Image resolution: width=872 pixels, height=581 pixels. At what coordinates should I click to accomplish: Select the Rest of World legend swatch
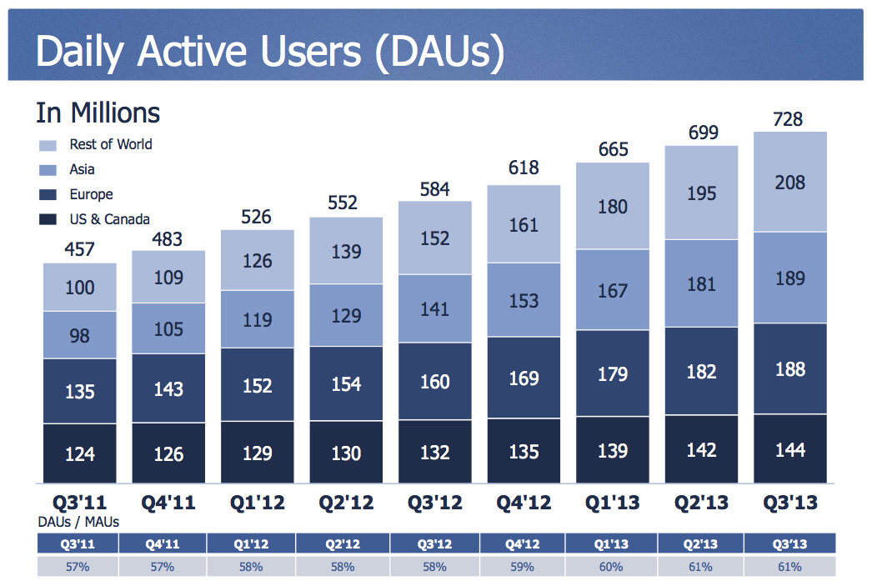48,145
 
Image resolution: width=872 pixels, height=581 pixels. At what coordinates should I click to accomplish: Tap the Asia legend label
82,169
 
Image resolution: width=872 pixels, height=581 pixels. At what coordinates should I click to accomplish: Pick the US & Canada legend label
109,219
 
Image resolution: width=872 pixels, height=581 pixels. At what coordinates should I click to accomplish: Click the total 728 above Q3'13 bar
789,119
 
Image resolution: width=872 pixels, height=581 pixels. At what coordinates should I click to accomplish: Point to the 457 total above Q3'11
80,250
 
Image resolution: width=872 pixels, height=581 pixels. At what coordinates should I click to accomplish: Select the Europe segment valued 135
80,391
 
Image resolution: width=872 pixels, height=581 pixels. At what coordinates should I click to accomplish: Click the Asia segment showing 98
80,335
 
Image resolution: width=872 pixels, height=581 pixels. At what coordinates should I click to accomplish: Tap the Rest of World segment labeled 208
789,182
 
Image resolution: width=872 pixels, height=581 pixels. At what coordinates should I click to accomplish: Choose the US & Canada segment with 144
789,449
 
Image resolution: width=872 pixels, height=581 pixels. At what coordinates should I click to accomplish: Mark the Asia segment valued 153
524,300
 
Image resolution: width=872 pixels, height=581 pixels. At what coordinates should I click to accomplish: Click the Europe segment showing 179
612,373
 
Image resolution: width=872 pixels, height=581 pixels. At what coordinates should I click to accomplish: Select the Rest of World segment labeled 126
258,260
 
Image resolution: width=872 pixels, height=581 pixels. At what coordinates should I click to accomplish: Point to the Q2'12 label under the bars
346,503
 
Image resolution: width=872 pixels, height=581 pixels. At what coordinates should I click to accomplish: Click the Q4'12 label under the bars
524,503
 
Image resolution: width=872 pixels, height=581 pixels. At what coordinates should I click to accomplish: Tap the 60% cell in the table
612,567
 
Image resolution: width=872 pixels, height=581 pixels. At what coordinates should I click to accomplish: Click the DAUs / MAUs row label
78,522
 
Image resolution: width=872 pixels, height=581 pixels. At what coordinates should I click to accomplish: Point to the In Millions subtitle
98,113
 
